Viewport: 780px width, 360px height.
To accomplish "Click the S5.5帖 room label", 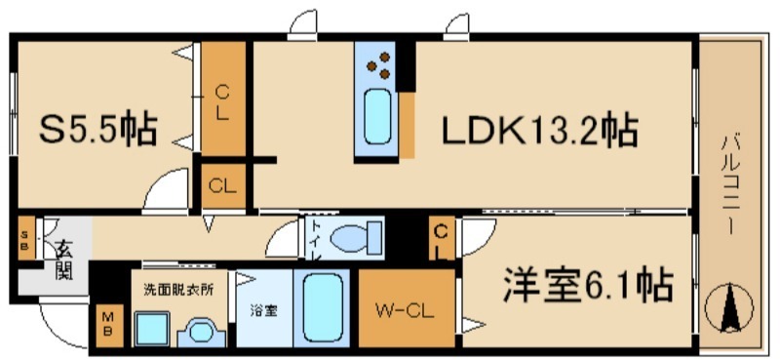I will [x=96, y=131].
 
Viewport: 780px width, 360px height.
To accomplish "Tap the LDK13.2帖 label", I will [x=542, y=130].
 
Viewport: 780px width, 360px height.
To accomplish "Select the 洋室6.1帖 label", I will [x=587, y=285].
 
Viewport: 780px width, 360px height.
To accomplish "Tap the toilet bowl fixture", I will [x=351, y=237].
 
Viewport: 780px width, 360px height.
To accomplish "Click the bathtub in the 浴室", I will [x=323, y=307].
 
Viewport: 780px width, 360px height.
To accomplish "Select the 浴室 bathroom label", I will [x=263, y=311].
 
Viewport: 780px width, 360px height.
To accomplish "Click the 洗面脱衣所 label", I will [x=178, y=289].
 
